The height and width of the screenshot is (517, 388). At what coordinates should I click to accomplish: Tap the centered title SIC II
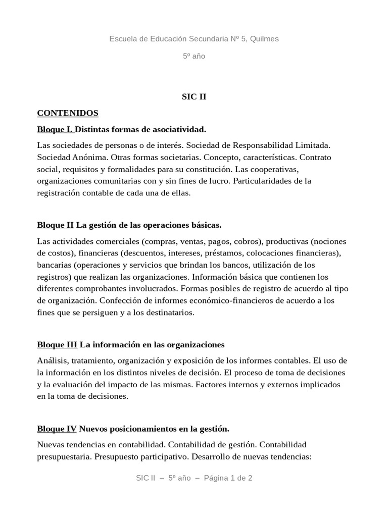pyautogui.click(x=194, y=97)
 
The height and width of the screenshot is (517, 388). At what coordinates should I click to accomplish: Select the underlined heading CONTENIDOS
pyautogui.click(x=68, y=113)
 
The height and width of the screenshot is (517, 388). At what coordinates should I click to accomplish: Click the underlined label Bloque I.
pyautogui.click(x=55, y=129)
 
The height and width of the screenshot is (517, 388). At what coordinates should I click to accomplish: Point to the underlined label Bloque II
pyautogui.click(x=55, y=225)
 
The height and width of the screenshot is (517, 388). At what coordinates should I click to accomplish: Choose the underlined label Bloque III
pyautogui.click(x=57, y=345)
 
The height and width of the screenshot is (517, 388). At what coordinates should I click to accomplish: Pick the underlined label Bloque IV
pyautogui.click(x=57, y=429)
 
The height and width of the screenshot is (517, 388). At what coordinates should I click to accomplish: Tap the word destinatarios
pyautogui.click(x=169, y=313)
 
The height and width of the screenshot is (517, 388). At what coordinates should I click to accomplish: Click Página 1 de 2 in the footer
pyautogui.click(x=228, y=478)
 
